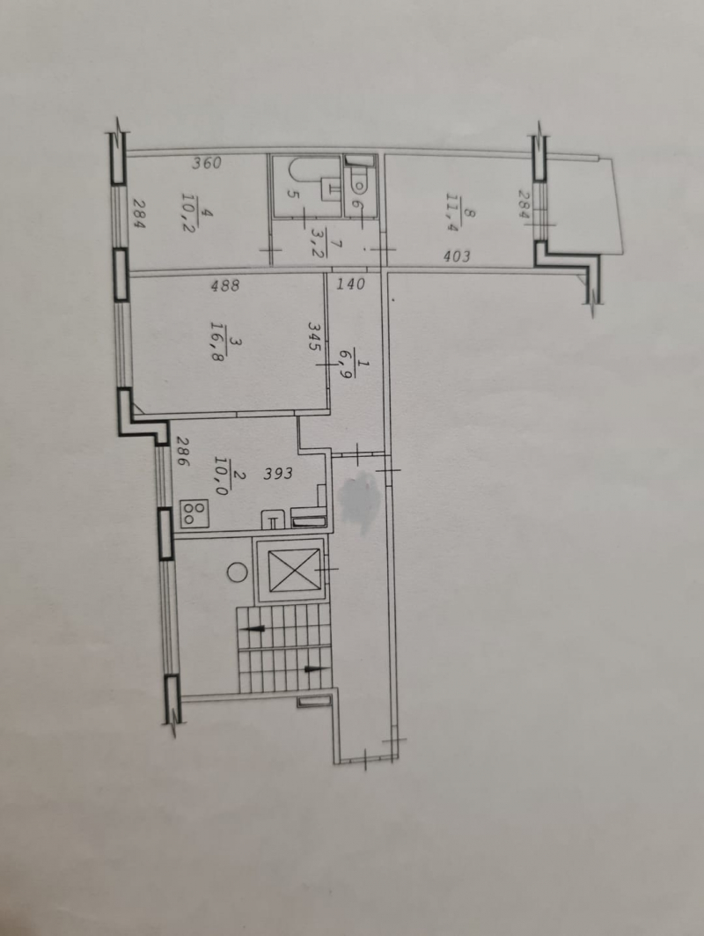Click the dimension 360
pos(207,162)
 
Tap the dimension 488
pos(225,285)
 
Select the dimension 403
pos(457,256)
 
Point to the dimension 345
pos(315,336)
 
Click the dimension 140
pos(350,284)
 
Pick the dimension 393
pos(279,474)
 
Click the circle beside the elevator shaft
pos(238,572)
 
